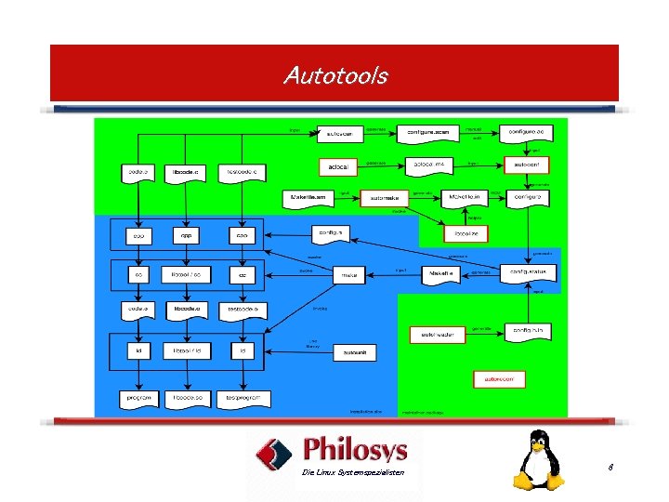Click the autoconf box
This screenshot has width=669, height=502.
(526, 165)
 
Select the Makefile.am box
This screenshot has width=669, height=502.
(306, 198)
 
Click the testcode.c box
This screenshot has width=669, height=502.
(243, 173)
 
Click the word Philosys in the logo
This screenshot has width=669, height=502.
(356, 450)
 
